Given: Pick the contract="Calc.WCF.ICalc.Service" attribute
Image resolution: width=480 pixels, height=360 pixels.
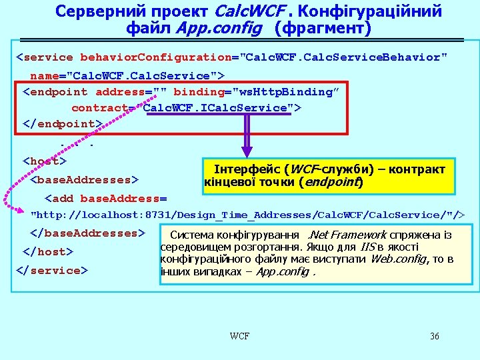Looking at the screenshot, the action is (x=186, y=107).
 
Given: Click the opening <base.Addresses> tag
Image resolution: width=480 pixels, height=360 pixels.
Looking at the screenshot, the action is (x=85, y=179).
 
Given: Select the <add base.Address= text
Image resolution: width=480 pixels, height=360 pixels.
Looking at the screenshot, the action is (x=105, y=198).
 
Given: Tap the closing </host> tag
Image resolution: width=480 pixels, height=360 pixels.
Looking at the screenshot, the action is (x=48, y=252).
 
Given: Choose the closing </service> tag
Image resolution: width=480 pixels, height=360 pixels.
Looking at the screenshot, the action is (x=51, y=271).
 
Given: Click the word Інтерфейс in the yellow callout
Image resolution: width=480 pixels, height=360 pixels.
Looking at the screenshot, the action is (x=245, y=169).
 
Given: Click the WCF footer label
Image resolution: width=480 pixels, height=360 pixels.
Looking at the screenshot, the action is (x=239, y=335).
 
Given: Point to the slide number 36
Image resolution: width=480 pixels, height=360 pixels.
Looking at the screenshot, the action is (x=435, y=335).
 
